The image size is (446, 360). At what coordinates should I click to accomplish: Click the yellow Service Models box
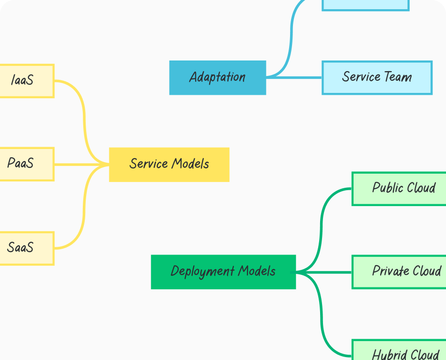click(x=169, y=165)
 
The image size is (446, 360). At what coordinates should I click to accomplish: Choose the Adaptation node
click(x=217, y=77)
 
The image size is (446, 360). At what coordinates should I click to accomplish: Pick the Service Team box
click(x=377, y=77)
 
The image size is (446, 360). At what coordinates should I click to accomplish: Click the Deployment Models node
click(x=223, y=272)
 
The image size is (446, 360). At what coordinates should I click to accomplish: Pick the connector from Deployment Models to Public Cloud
click(x=321, y=227)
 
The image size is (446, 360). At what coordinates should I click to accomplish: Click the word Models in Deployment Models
click(x=257, y=271)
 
